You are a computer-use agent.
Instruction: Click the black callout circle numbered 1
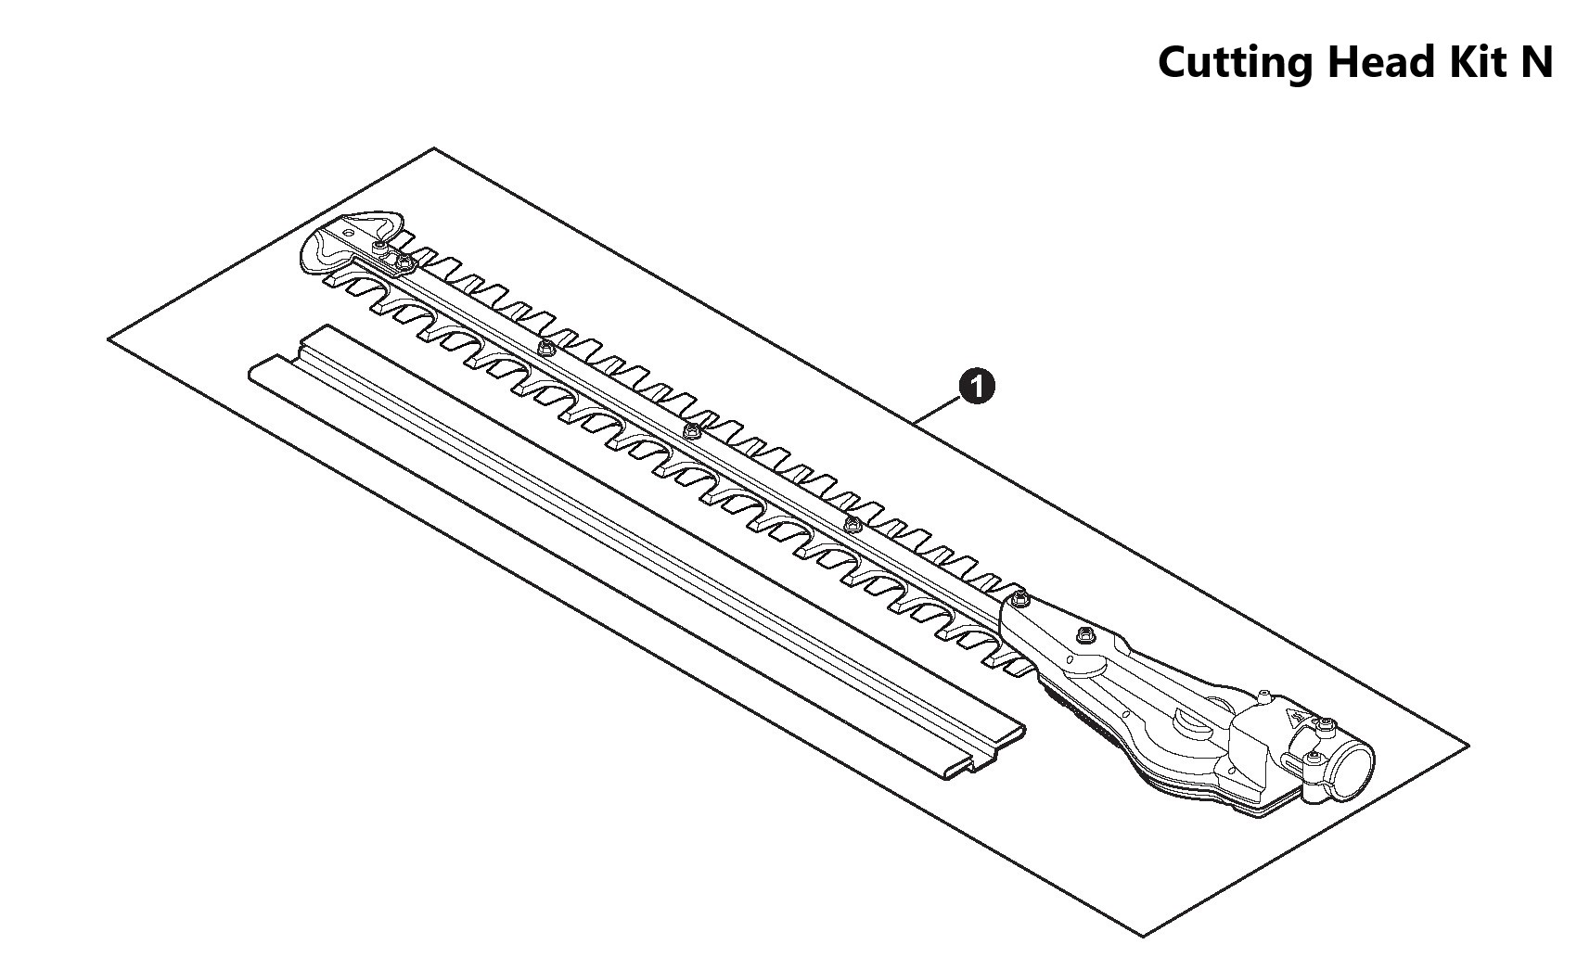pyautogui.click(x=977, y=386)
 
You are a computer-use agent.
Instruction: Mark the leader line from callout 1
pyautogui.click(x=939, y=409)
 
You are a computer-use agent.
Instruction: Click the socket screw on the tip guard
pyautogui.click(x=380, y=246)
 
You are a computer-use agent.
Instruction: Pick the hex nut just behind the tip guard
pyautogui.click(x=404, y=266)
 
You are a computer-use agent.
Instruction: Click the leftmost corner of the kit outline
pyautogui.click(x=109, y=340)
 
